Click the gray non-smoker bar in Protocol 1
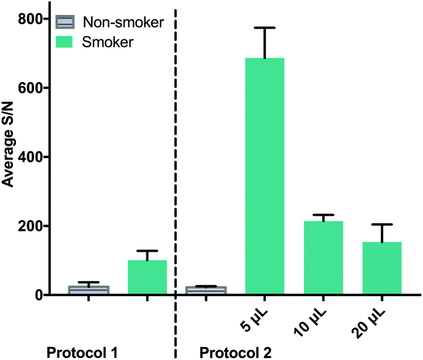click(89, 290)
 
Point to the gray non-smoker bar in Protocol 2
click(206, 290)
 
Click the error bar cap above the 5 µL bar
click(264, 28)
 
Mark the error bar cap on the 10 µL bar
click(323, 215)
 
